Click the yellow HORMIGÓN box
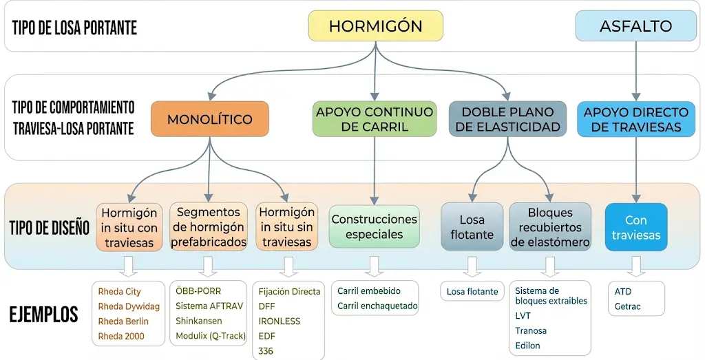coord(375,26)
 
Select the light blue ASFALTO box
coord(635,26)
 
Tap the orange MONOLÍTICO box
coord(209,119)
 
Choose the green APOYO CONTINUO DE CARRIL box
coord(375,119)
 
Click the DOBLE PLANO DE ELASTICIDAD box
coord(507,119)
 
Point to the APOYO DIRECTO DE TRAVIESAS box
coord(635,119)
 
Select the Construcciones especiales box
coord(375,226)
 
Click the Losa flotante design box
coord(472,226)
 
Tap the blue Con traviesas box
coord(635,227)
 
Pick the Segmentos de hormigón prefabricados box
coord(209,226)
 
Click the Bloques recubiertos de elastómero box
coord(550,226)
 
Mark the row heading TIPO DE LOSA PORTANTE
coord(74,28)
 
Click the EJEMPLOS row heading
coord(43,315)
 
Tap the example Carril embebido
coord(368,291)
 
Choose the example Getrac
coord(627,306)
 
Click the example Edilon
coord(527,346)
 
